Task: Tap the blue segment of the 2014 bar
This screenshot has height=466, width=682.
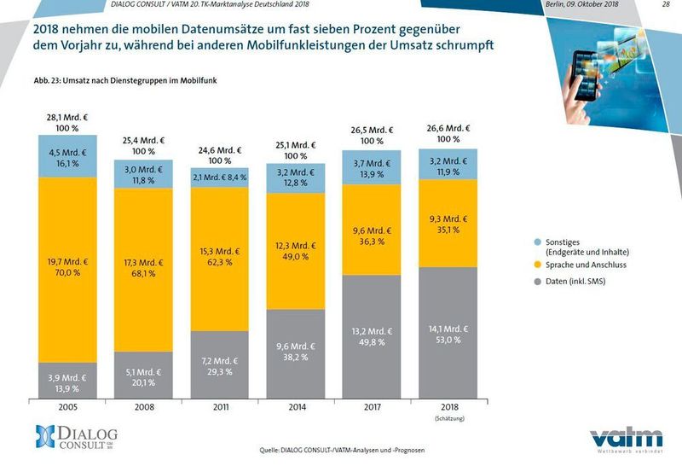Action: [296, 180]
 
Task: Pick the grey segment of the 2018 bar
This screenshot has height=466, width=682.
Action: [448, 338]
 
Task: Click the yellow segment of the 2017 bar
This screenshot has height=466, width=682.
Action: [372, 236]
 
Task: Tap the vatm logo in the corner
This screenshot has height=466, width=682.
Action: [627, 440]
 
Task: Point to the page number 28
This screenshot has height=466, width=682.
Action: [665, 5]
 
